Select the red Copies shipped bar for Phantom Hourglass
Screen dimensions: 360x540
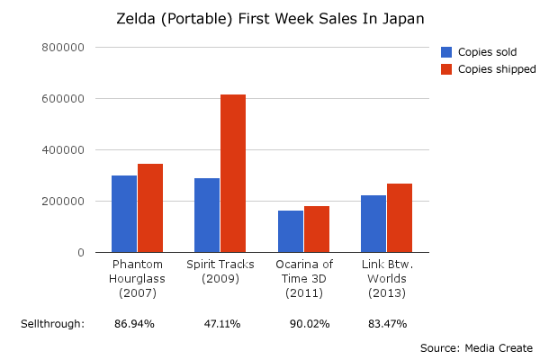[150, 208]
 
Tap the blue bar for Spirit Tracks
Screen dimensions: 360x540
[207, 215]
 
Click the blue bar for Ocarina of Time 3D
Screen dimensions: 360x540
[291, 231]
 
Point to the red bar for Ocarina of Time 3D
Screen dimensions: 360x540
[317, 229]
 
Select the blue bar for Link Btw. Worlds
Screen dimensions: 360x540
[373, 224]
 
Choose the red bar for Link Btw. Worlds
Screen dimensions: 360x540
[400, 218]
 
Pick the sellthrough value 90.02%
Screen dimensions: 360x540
[310, 323]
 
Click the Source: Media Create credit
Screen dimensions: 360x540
[476, 347]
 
